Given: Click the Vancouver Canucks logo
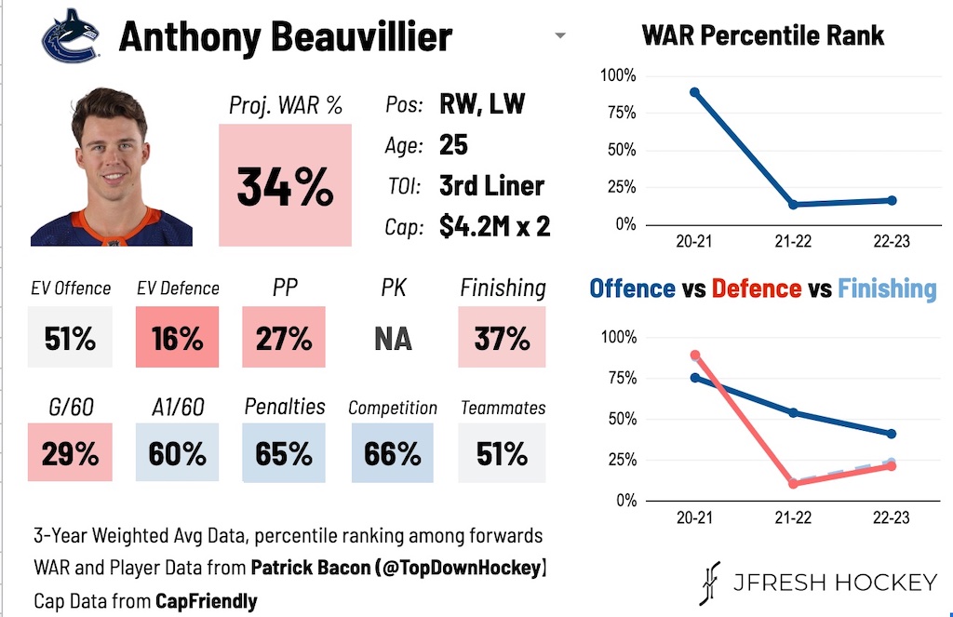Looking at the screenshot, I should coord(69,36).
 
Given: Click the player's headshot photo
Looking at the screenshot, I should coord(112,168).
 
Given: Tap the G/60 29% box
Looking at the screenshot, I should coord(70,453).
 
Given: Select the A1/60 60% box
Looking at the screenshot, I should coord(177,453).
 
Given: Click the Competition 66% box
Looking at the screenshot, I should coord(393,453).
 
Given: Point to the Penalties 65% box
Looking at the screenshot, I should coord(285,453).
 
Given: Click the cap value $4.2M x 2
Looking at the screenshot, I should coord(494,226).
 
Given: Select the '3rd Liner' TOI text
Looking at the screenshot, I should coord(491,185).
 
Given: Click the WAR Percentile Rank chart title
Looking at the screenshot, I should coord(763,36).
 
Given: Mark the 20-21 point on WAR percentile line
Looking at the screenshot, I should coord(694,92).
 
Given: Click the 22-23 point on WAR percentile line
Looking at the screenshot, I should coord(892,200).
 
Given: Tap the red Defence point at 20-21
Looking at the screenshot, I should coord(694,355).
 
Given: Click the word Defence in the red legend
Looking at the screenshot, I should coord(756,288).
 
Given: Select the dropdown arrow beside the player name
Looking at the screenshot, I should coord(559,36).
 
